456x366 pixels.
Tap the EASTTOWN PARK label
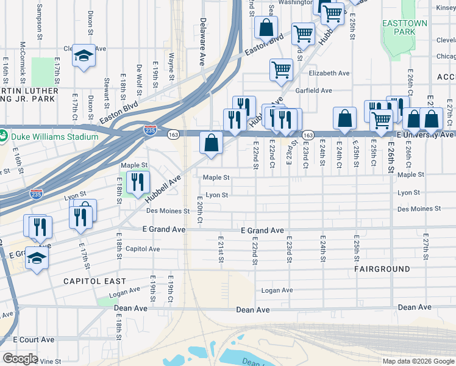coord(399,27)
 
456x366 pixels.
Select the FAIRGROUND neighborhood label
coord(381,268)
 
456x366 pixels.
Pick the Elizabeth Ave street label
coord(329,73)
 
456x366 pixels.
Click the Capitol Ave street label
coord(142,249)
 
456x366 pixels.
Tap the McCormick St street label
coord(22,63)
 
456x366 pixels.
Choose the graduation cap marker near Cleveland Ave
coord(84,56)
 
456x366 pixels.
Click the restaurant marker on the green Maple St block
coord(138,182)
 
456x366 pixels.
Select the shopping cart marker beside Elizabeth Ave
coord(281,69)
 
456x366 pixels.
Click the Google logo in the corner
coord(20,359)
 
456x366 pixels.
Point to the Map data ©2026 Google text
coord(418,361)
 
